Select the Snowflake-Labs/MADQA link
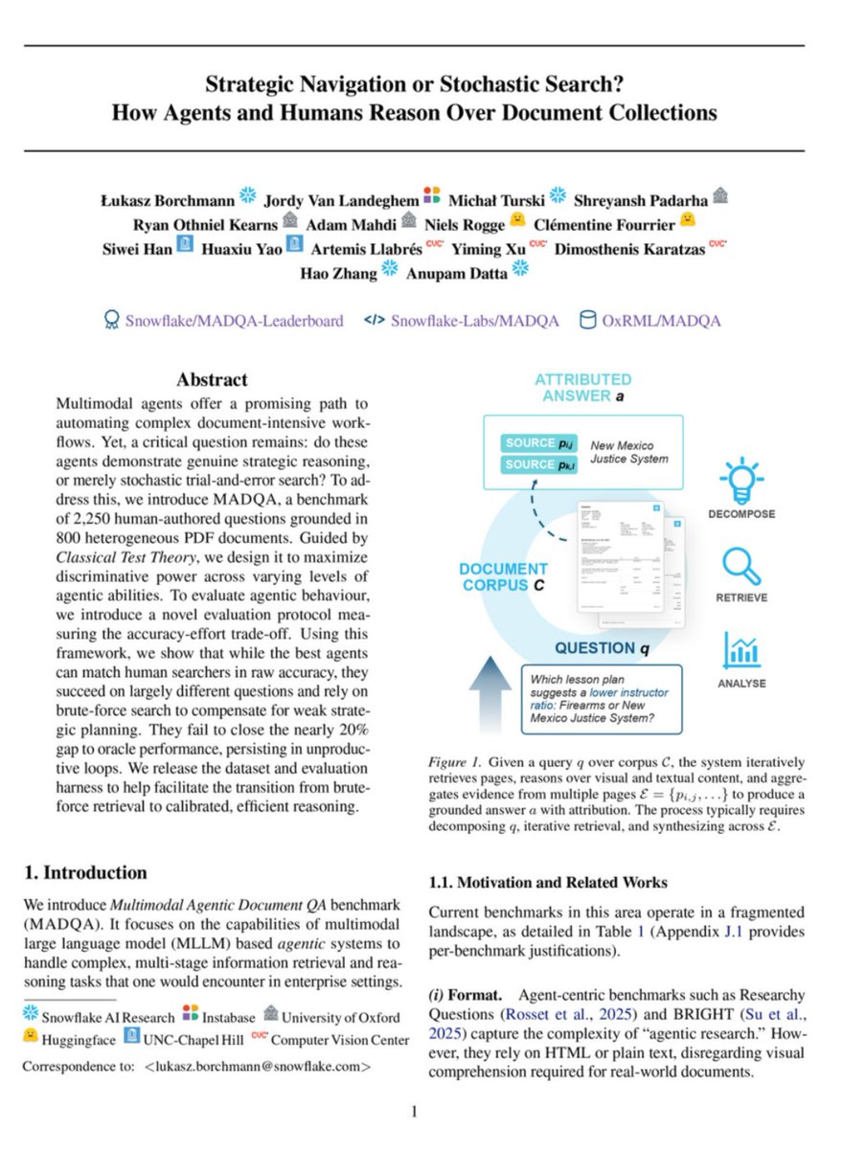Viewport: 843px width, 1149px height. (474, 321)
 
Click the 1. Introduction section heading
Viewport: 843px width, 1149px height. (85, 872)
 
